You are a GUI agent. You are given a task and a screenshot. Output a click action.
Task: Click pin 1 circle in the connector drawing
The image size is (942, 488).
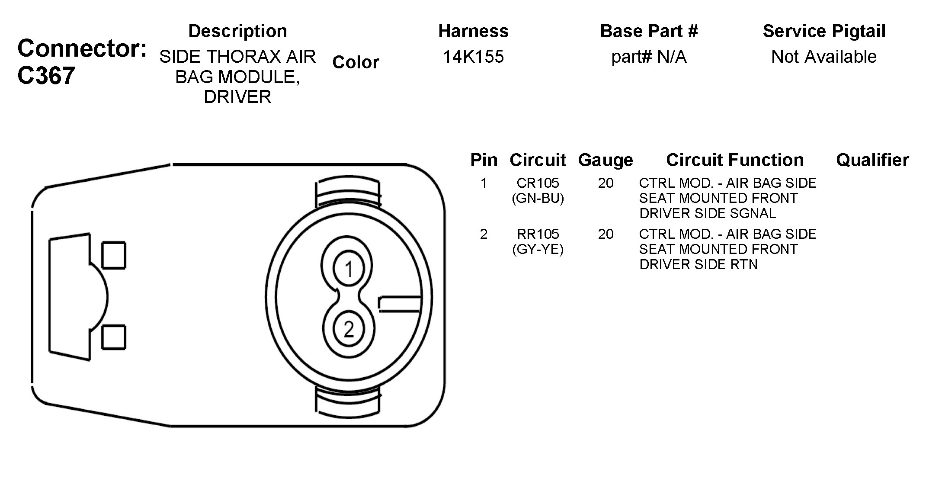[x=349, y=270]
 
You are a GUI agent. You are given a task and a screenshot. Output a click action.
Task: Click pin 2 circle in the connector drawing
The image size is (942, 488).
[x=349, y=329]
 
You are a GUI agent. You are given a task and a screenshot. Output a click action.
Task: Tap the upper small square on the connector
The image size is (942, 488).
[x=114, y=255]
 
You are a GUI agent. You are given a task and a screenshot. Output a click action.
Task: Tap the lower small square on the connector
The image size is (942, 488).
[x=114, y=337]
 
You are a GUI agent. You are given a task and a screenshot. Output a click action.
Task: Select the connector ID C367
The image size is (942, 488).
[x=46, y=76]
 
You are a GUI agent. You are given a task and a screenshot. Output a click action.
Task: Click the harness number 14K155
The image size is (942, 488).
[x=473, y=57]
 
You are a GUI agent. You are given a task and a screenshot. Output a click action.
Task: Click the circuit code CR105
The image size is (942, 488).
[x=538, y=183]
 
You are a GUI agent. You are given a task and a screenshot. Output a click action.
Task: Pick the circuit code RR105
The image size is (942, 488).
[x=538, y=234]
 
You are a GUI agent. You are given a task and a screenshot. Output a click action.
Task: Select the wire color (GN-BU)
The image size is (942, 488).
[x=538, y=198]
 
